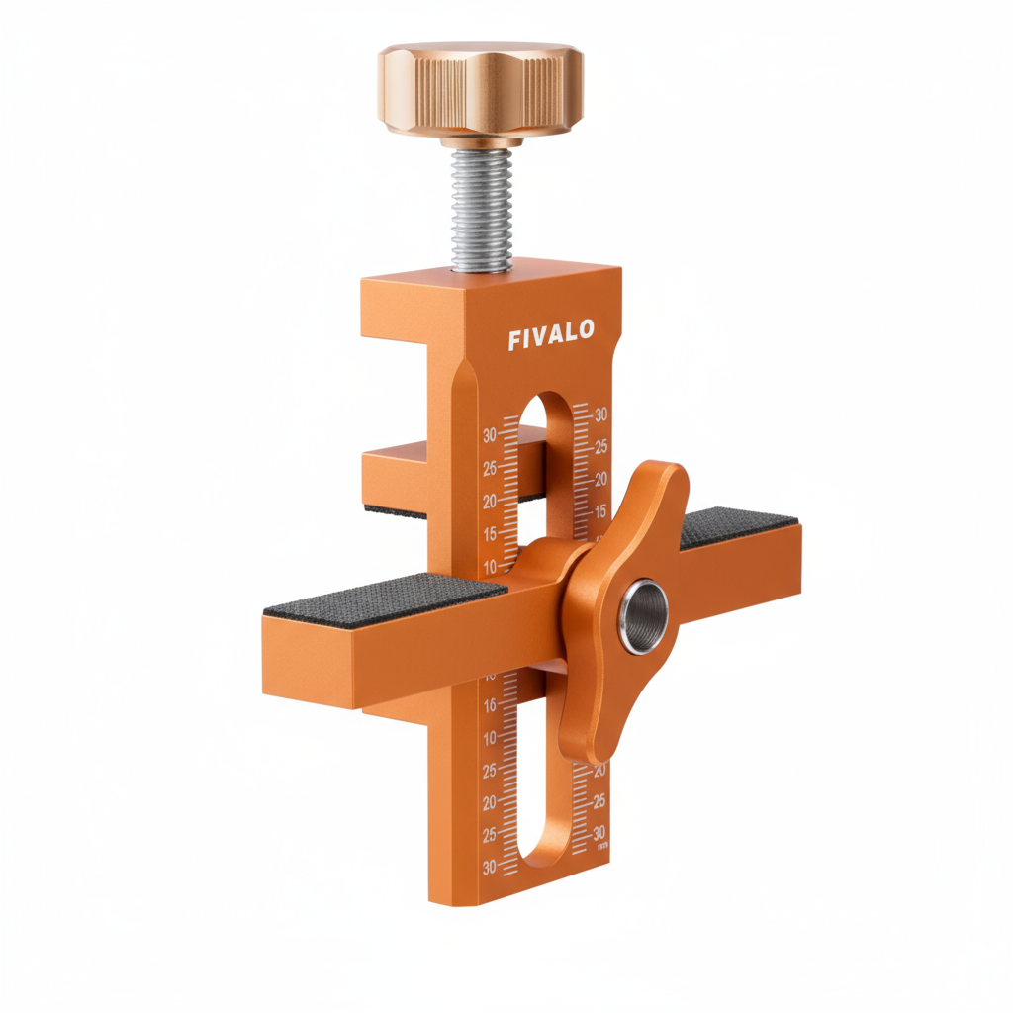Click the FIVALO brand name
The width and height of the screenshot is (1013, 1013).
pyautogui.click(x=551, y=337)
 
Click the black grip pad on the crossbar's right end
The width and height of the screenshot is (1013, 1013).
pyautogui.click(x=738, y=527)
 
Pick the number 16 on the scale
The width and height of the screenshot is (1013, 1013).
pyautogui.click(x=489, y=706)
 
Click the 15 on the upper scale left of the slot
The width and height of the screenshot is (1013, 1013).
pyautogui.click(x=489, y=534)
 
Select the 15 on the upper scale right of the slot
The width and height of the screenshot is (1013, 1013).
pyautogui.click(x=600, y=510)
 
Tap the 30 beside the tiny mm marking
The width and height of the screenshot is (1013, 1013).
pyautogui.click(x=599, y=832)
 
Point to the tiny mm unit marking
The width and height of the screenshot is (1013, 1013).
pyautogui.click(x=602, y=847)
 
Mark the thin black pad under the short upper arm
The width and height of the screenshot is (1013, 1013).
pyautogui.click(x=396, y=511)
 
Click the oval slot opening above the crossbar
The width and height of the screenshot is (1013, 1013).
pyautogui.click(x=546, y=465)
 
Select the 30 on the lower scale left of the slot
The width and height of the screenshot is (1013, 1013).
pyautogui.click(x=489, y=868)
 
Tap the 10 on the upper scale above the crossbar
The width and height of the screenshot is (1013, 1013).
pyautogui.click(x=489, y=567)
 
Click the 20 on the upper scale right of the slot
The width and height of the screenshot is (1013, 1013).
pyautogui.click(x=600, y=479)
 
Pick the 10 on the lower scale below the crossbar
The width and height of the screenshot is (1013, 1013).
pyautogui.click(x=489, y=738)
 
